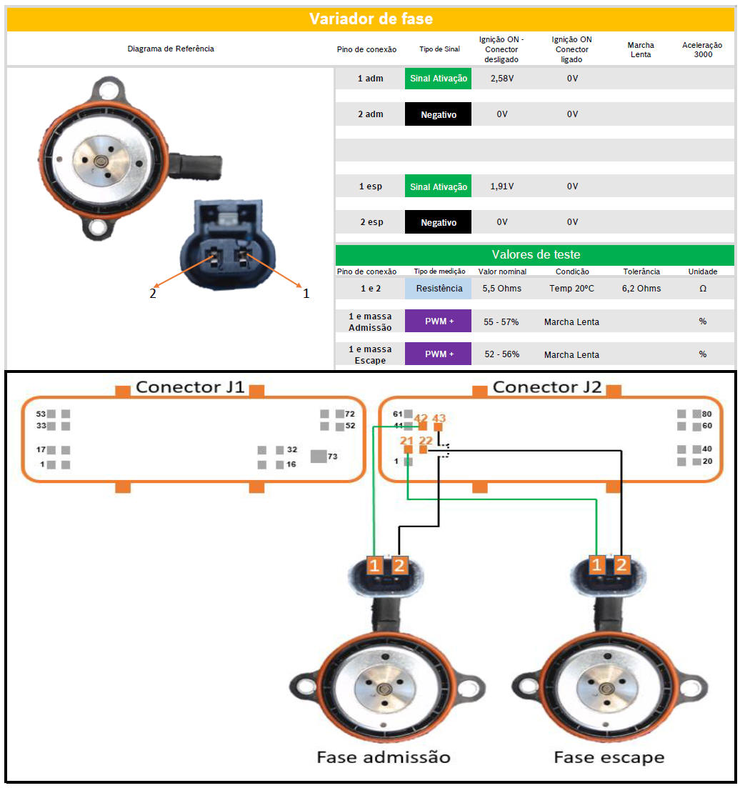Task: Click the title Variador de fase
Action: (x=371, y=19)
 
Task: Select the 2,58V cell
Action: (x=502, y=78)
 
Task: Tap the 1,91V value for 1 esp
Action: (x=502, y=186)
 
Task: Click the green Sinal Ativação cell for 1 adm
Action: (x=438, y=78)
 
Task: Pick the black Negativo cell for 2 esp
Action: (x=438, y=222)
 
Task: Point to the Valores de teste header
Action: (x=535, y=254)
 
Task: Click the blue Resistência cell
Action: (x=438, y=289)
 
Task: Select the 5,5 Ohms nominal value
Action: (x=502, y=289)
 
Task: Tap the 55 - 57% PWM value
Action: (x=501, y=322)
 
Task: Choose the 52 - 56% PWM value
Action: (x=501, y=355)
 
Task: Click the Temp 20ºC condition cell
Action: (x=571, y=289)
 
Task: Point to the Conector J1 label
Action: (x=190, y=387)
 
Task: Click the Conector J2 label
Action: (x=547, y=387)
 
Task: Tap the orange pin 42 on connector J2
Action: (x=422, y=426)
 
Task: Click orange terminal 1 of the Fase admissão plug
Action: (x=375, y=566)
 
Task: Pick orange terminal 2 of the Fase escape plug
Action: (x=621, y=566)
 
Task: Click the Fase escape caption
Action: (x=609, y=757)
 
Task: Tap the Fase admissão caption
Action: (x=384, y=757)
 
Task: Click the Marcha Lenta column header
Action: (x=641, y=49)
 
